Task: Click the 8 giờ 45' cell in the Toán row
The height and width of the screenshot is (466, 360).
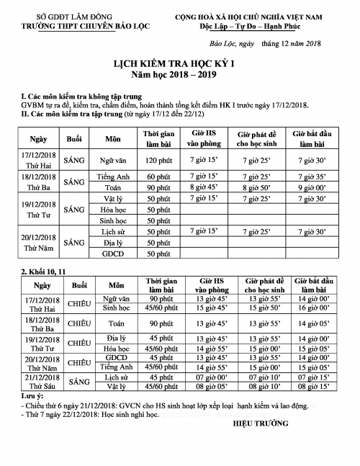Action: click(x=204, y=187)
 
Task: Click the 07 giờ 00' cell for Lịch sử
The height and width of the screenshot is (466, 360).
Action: click(x=204, y=376)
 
